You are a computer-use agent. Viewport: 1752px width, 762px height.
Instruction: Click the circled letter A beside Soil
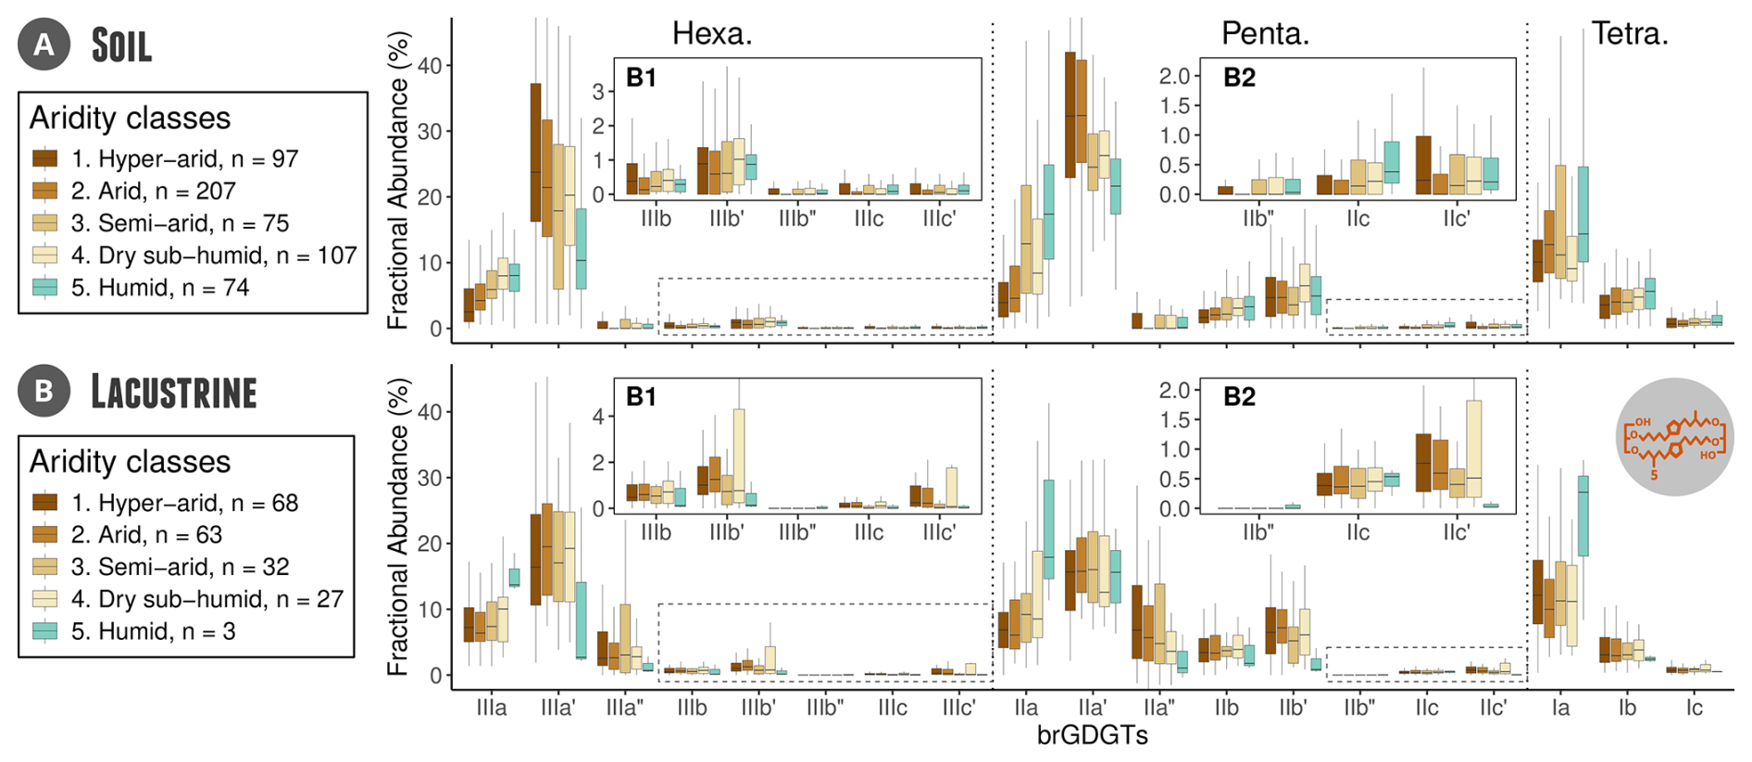coord(44,44)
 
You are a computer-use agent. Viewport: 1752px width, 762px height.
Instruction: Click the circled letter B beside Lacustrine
coord(44,391)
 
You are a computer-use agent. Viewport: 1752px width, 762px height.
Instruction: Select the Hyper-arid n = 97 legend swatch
coord(45,158)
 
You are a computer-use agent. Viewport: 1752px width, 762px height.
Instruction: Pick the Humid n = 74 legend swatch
coord(45,287)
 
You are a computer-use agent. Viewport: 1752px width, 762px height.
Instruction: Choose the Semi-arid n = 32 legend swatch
coord(45,567)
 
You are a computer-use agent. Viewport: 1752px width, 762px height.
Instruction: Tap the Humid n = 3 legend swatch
coord(45,631)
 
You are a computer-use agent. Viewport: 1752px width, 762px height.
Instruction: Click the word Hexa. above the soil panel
coord(711,34)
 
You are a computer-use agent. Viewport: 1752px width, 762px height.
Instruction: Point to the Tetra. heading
coord(1629,34)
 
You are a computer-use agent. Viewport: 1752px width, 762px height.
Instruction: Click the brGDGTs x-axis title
coord(1092,736)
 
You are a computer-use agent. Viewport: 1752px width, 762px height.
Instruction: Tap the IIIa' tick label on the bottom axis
coord(557,708)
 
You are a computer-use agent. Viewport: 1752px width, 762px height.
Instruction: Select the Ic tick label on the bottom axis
coord(1694,708)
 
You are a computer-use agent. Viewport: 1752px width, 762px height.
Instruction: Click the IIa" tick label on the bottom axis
coord(1158,708)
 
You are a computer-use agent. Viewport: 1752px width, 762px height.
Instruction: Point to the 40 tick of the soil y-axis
coord(430,66)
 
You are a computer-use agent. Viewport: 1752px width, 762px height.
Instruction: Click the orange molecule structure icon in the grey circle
coord(1675,436)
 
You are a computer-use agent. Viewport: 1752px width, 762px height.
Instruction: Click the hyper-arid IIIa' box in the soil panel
coord(535,153)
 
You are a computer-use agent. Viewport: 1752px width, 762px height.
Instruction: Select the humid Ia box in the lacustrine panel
coord(1583,516)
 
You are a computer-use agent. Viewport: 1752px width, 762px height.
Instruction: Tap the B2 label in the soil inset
coord(1239,78)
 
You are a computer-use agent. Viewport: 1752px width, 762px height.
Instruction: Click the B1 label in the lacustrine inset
coord(641,397)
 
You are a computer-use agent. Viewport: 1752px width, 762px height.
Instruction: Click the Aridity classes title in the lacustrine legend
coord(130,461)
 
